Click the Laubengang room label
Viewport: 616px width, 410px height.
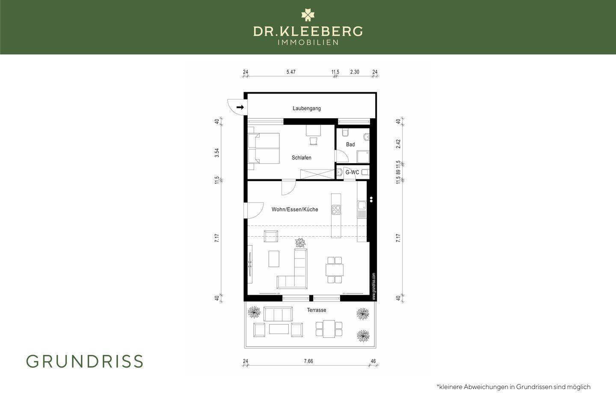click(307, 108)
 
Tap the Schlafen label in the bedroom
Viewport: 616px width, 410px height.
click(302, 158)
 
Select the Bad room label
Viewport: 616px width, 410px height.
click(350, 144)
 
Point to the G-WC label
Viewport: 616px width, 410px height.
click(352, 173)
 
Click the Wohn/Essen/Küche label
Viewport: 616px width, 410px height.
click(295, 209)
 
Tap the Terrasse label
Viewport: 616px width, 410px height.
click(317, 310)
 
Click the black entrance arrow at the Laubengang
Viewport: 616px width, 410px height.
click(240, 107)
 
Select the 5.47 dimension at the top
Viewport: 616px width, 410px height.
click(291, 72)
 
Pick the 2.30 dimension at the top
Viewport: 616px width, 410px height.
click(355, 72)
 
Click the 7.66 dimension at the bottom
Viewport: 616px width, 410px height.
click(308, 361)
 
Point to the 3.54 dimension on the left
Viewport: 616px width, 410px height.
click(217, 153)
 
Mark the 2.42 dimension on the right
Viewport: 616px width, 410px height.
click(398, 144)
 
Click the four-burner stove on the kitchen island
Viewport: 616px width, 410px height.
click(336, 210)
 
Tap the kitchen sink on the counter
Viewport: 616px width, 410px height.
click(361, 205)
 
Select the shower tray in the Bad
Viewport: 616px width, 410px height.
click(363, 157)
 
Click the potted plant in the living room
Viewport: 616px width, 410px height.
click(300, 243)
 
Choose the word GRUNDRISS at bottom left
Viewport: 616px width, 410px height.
click(85, 361)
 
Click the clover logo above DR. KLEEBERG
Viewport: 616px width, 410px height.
click(308, 15)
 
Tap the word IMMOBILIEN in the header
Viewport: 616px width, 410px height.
click(308, 43)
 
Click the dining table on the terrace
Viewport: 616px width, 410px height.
click(329, 329)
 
